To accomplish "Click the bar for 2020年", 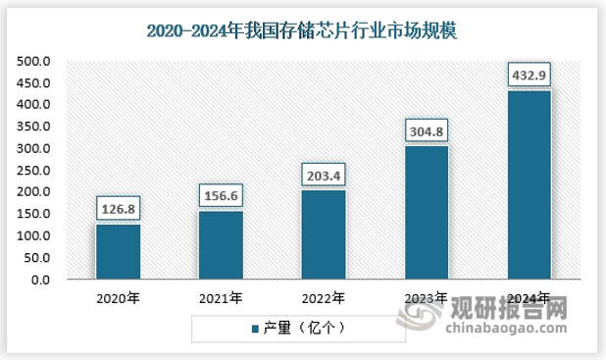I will pyautogui.click(x=118, y=252).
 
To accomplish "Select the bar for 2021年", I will pyautogui.click(x=221, y=245).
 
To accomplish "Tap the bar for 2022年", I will pyautogui.click(x=323, y=235).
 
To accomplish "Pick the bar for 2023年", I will pyautogui.click(x=426, y=213).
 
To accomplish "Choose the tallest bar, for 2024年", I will pyautogui.click(x=529, y=185).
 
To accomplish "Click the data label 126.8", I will pyautogui.click(x=118, y=208).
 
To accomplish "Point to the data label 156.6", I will pyautogui.click(x=221, y=195).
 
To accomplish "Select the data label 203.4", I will pyautogui.click(x=323, y=175).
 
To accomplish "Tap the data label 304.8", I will pyautogui.click(x=426, y=130).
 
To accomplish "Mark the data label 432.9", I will pyautogui.click(x=529, y=75).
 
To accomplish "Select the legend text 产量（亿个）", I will pyautogui.click(x=305, y=328).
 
